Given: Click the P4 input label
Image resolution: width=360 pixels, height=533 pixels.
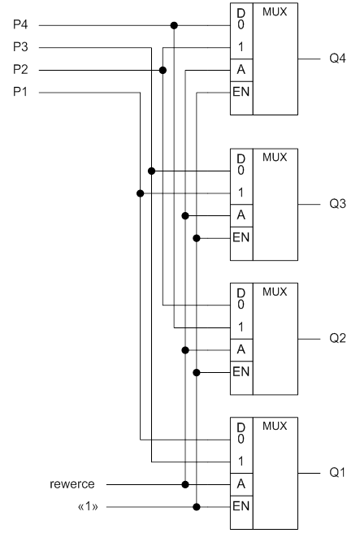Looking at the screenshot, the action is point(20,24).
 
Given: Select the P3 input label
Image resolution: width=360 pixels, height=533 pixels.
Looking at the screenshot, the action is point(20,47).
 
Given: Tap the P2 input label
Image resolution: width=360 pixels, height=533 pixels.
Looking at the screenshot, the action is point(20,69).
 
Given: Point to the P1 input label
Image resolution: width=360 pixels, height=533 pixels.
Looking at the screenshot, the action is point(20,92).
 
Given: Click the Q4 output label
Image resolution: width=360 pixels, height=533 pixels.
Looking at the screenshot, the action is point(337,58).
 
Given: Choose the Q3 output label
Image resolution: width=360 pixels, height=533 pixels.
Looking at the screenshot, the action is point(337,204).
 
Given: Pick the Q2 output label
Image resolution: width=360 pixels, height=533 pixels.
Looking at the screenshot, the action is point(337,338).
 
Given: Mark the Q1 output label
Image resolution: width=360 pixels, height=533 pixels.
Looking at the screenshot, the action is point(337,473).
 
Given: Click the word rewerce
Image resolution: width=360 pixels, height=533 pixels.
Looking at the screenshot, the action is point(72,484).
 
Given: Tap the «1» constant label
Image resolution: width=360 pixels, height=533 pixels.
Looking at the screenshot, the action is point(88,506).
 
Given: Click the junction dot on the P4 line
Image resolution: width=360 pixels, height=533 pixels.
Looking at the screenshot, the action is point(174,25).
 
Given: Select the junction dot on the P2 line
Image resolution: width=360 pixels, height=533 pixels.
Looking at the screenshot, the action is point(163,71).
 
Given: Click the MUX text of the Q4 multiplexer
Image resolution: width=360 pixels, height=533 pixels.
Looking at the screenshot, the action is point(275,12).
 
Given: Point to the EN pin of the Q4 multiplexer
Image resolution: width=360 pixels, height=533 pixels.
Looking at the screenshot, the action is point(241,92).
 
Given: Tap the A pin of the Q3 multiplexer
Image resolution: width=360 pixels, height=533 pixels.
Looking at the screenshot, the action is point(241,215).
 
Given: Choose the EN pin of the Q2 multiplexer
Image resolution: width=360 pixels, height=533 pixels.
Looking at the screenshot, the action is point(241,371).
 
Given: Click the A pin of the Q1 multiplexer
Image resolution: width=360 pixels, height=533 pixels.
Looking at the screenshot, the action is point(241,483).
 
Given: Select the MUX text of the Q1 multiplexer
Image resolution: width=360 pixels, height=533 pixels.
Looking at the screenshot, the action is point(275,427).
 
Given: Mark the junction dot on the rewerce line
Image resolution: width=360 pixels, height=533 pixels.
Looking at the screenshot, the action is point(185,484).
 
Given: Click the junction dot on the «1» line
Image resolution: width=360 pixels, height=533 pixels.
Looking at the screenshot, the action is point(197,507).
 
